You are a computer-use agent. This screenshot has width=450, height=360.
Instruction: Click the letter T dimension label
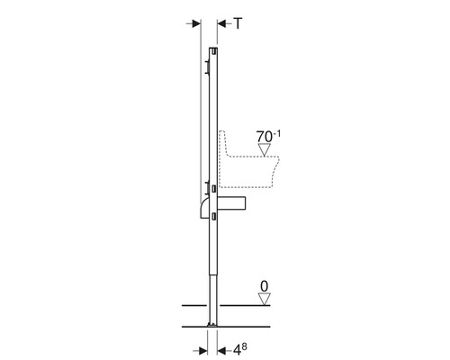point(238,24)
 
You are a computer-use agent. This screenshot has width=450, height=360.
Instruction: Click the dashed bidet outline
point(270,175)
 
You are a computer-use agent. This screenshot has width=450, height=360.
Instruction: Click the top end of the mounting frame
point(211,49)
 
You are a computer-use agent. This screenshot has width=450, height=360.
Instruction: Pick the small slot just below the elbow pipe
point(212,216)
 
